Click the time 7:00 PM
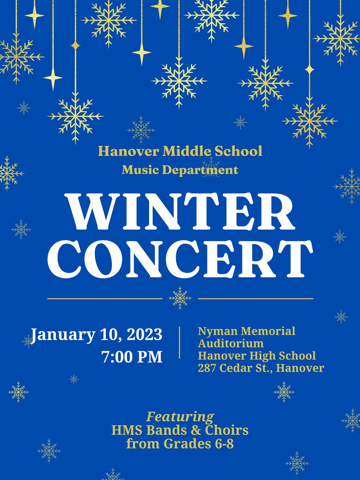132,357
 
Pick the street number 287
207,368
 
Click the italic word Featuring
180,417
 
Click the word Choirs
227,430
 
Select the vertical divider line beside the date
180,342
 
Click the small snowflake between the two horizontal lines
180,298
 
